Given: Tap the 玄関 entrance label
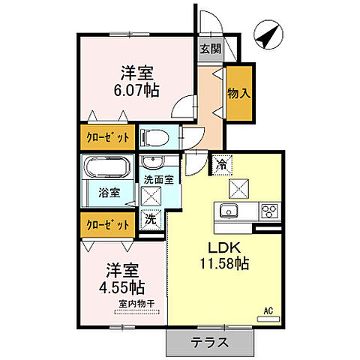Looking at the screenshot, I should pyautogui.click(x=210, y=49).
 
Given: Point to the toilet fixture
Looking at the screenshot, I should pyautogui.click(x=154, y=137).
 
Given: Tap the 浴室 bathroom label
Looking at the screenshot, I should pyautogui.click(x=109, y=192).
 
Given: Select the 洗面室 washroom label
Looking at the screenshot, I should pyautogui.click(x=158, y=180).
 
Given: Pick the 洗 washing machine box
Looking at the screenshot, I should pyautogui.click(x=151, y=221).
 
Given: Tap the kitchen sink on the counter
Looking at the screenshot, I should pyautogui.click(x=228, y=210).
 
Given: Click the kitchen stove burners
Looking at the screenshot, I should pyautogui.click(x=268, y=210).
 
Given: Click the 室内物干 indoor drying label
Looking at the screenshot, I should pyautogui.click(x=136, y=304).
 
